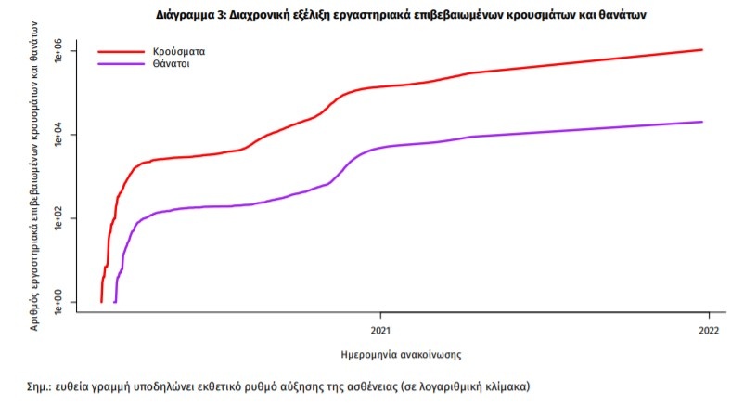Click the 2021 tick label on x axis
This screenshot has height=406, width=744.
pyautogui.click(x=379, y=329)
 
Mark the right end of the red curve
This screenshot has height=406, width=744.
pyautogui.click(x=702, y=50)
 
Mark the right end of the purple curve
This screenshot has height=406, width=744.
pyautogui.click(x=702, y=122)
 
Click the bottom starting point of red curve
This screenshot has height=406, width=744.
pyautogui.click(x=101, y=301)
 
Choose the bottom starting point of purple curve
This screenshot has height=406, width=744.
pyautogui.click(x=115, y=301)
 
